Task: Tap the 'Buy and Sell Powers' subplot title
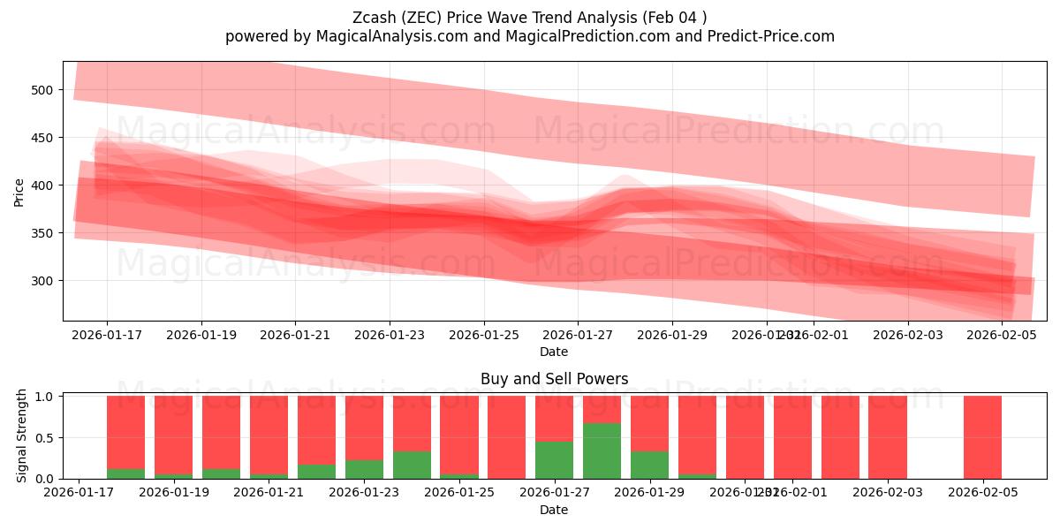(x=554, y=379)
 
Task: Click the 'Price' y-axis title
(x=19, y=191)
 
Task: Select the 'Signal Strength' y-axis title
(x=22, y=435)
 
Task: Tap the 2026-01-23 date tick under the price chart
(x=390, y=336)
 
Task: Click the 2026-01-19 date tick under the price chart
(x=201, y=336)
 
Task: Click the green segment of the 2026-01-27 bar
(x=554, y=459)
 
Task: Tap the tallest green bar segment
(x=602, y=450)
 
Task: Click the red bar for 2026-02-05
(x=982, y=437)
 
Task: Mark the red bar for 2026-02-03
(x=887, y=437)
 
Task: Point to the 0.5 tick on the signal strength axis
(x=45, y=437)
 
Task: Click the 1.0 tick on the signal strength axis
(x=45, y=397)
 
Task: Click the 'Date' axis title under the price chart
(x=554, y=352)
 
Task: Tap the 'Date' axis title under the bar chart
(x=554, y=510)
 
